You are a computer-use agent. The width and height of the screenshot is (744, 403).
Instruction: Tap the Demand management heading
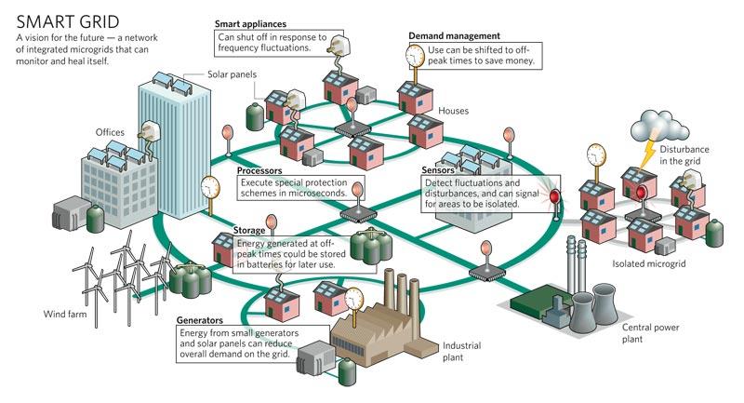coord(454,35)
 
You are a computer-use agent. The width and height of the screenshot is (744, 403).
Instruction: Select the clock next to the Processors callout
coord(211,186)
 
